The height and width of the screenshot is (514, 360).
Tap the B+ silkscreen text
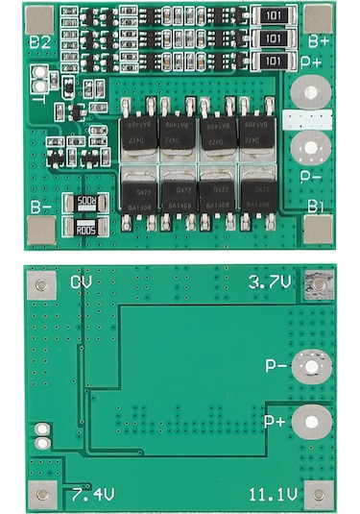[319, 42]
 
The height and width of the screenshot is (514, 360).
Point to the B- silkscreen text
[40, 206]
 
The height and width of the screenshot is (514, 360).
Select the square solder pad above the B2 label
[38, 17]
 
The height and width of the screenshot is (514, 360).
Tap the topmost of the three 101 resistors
[274, 16]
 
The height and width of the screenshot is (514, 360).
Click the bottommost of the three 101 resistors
[274, 61]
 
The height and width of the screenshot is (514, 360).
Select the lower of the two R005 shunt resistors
[85, 229]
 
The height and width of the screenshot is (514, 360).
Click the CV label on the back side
[82, 282]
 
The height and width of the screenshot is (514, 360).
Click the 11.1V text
[274, 495]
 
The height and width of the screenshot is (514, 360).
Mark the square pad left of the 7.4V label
[41, 495]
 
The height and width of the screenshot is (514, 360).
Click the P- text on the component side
[310, 176]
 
